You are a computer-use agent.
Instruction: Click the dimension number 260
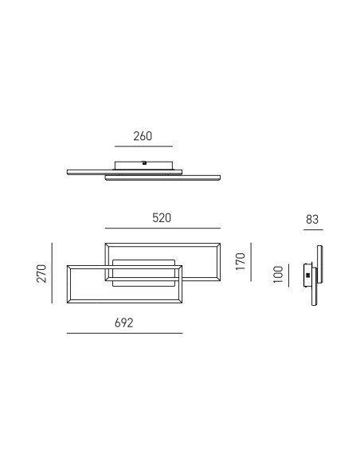(143, 136)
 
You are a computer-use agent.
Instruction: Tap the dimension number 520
(162, 218)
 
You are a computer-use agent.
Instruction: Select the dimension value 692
(124, 322)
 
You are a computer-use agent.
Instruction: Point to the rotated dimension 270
(41, 273)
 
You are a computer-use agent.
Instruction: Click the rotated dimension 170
(241, 261)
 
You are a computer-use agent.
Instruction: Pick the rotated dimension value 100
(278, 275)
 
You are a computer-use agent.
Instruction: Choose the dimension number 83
(312, 220)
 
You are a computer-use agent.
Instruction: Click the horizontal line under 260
(143, 147)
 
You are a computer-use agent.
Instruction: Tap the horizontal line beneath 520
(162, 229)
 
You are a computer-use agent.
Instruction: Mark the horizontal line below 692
(124, 334)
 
